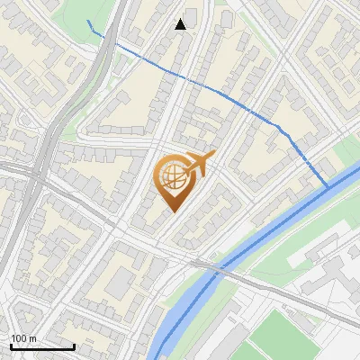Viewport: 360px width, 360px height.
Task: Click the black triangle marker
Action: [181, 24]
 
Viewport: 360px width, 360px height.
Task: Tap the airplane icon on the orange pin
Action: [200, 163]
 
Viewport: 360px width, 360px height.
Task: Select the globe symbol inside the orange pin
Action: [174, 176]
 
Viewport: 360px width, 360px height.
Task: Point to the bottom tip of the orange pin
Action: [174, 212]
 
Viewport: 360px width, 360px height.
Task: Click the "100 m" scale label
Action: [24, 338]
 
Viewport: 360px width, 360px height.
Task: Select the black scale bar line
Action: [42, 346]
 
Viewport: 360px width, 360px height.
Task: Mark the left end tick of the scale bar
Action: [11, 346]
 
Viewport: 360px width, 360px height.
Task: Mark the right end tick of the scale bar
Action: [74, 346]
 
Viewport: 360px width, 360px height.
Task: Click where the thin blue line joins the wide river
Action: [328, 186]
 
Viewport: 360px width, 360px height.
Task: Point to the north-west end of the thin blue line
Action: [88, 21]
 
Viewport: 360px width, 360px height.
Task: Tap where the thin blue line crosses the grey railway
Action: [109, 40]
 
